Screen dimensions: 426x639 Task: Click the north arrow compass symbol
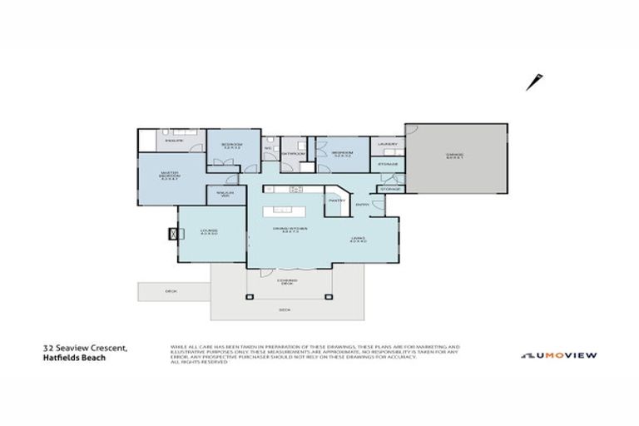pyautogui.click(x=532, y=82)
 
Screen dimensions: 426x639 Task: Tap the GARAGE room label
pyautogui.click(x=454, y=155)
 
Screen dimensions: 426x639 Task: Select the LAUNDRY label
pyautogui.click(x=387, y=144)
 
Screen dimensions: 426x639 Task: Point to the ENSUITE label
pyautogui.click(x=173, y=140)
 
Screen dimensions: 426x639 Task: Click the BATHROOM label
pyautogui.click(x=292, y=153)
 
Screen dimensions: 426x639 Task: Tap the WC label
pyautogui.click(x=268, y=149)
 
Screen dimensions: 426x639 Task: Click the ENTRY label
pyautogui.click(x=363, y=205)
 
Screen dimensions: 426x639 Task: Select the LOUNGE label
pyautogui.click(x=209, y=232)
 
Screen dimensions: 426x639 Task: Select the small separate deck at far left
pyautogui.click(x=172, y=290)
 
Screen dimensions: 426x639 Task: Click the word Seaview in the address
pyautogui.click(x=79, y=349)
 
